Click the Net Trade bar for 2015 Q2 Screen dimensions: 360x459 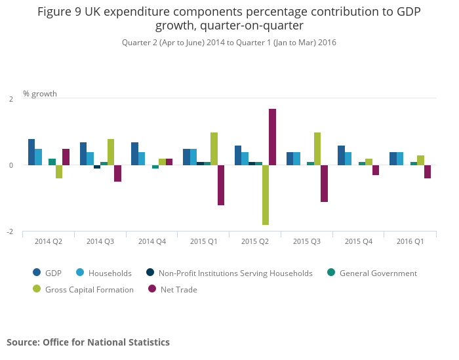click(x=272, y=137)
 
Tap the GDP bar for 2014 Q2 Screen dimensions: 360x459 click(x=31, y=152)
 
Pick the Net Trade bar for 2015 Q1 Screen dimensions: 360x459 click(x=221, y=185)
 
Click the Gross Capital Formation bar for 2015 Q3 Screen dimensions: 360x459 click(x=317, y=149)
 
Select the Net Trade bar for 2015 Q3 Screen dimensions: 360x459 click(x=324, y=183)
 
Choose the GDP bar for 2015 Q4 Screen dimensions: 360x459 click(x=341, y=155)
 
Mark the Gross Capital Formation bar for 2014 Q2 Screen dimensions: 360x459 click(x=59, y=172)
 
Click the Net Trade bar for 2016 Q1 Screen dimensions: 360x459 click(x=428, y=172)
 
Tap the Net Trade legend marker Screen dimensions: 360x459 click(x=152, y=289)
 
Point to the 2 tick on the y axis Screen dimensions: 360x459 click(x=10, y=99)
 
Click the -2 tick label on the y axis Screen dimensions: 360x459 click(x=9, y=232)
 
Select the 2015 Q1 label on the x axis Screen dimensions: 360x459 click(x=203, y=241)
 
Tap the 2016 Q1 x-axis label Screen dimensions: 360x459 click(x=410, y=241)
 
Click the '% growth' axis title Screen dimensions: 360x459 click(x=40, y=94)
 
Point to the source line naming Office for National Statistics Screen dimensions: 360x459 click(x=88, y=342)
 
